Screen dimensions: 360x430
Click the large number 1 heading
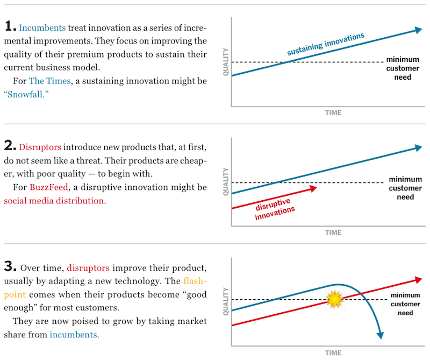click(9, 26)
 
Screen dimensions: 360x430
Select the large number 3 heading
click(10, 266)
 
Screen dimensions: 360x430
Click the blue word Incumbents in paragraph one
click(42, 27)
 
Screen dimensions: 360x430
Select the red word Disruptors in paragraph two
click(40, 147)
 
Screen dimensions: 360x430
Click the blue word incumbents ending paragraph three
click(75, 335)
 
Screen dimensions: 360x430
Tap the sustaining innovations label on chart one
click(325, 45)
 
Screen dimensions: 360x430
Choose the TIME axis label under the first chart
click(333, 113)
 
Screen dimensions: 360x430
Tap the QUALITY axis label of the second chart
click(226, 180)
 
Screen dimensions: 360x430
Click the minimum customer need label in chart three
click(405, 304)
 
